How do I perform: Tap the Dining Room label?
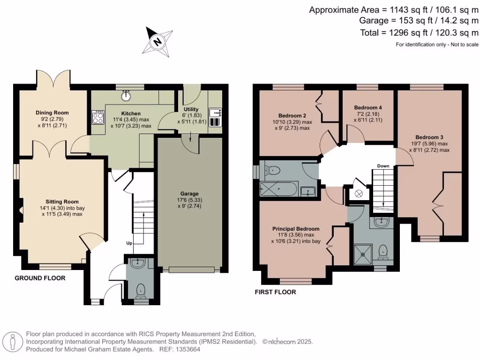point(52,112)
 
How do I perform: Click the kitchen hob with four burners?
point(98,117)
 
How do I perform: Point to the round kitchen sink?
point(126,97)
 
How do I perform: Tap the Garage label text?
point(190,193)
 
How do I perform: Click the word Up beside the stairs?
point(129,243)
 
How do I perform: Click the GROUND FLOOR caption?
point(40,278)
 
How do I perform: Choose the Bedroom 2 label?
point(292,116)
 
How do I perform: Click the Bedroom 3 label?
point(429,137)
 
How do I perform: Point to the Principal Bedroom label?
point(296,229)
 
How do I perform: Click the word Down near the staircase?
point(383,166)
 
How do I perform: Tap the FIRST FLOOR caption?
point(275,292)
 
